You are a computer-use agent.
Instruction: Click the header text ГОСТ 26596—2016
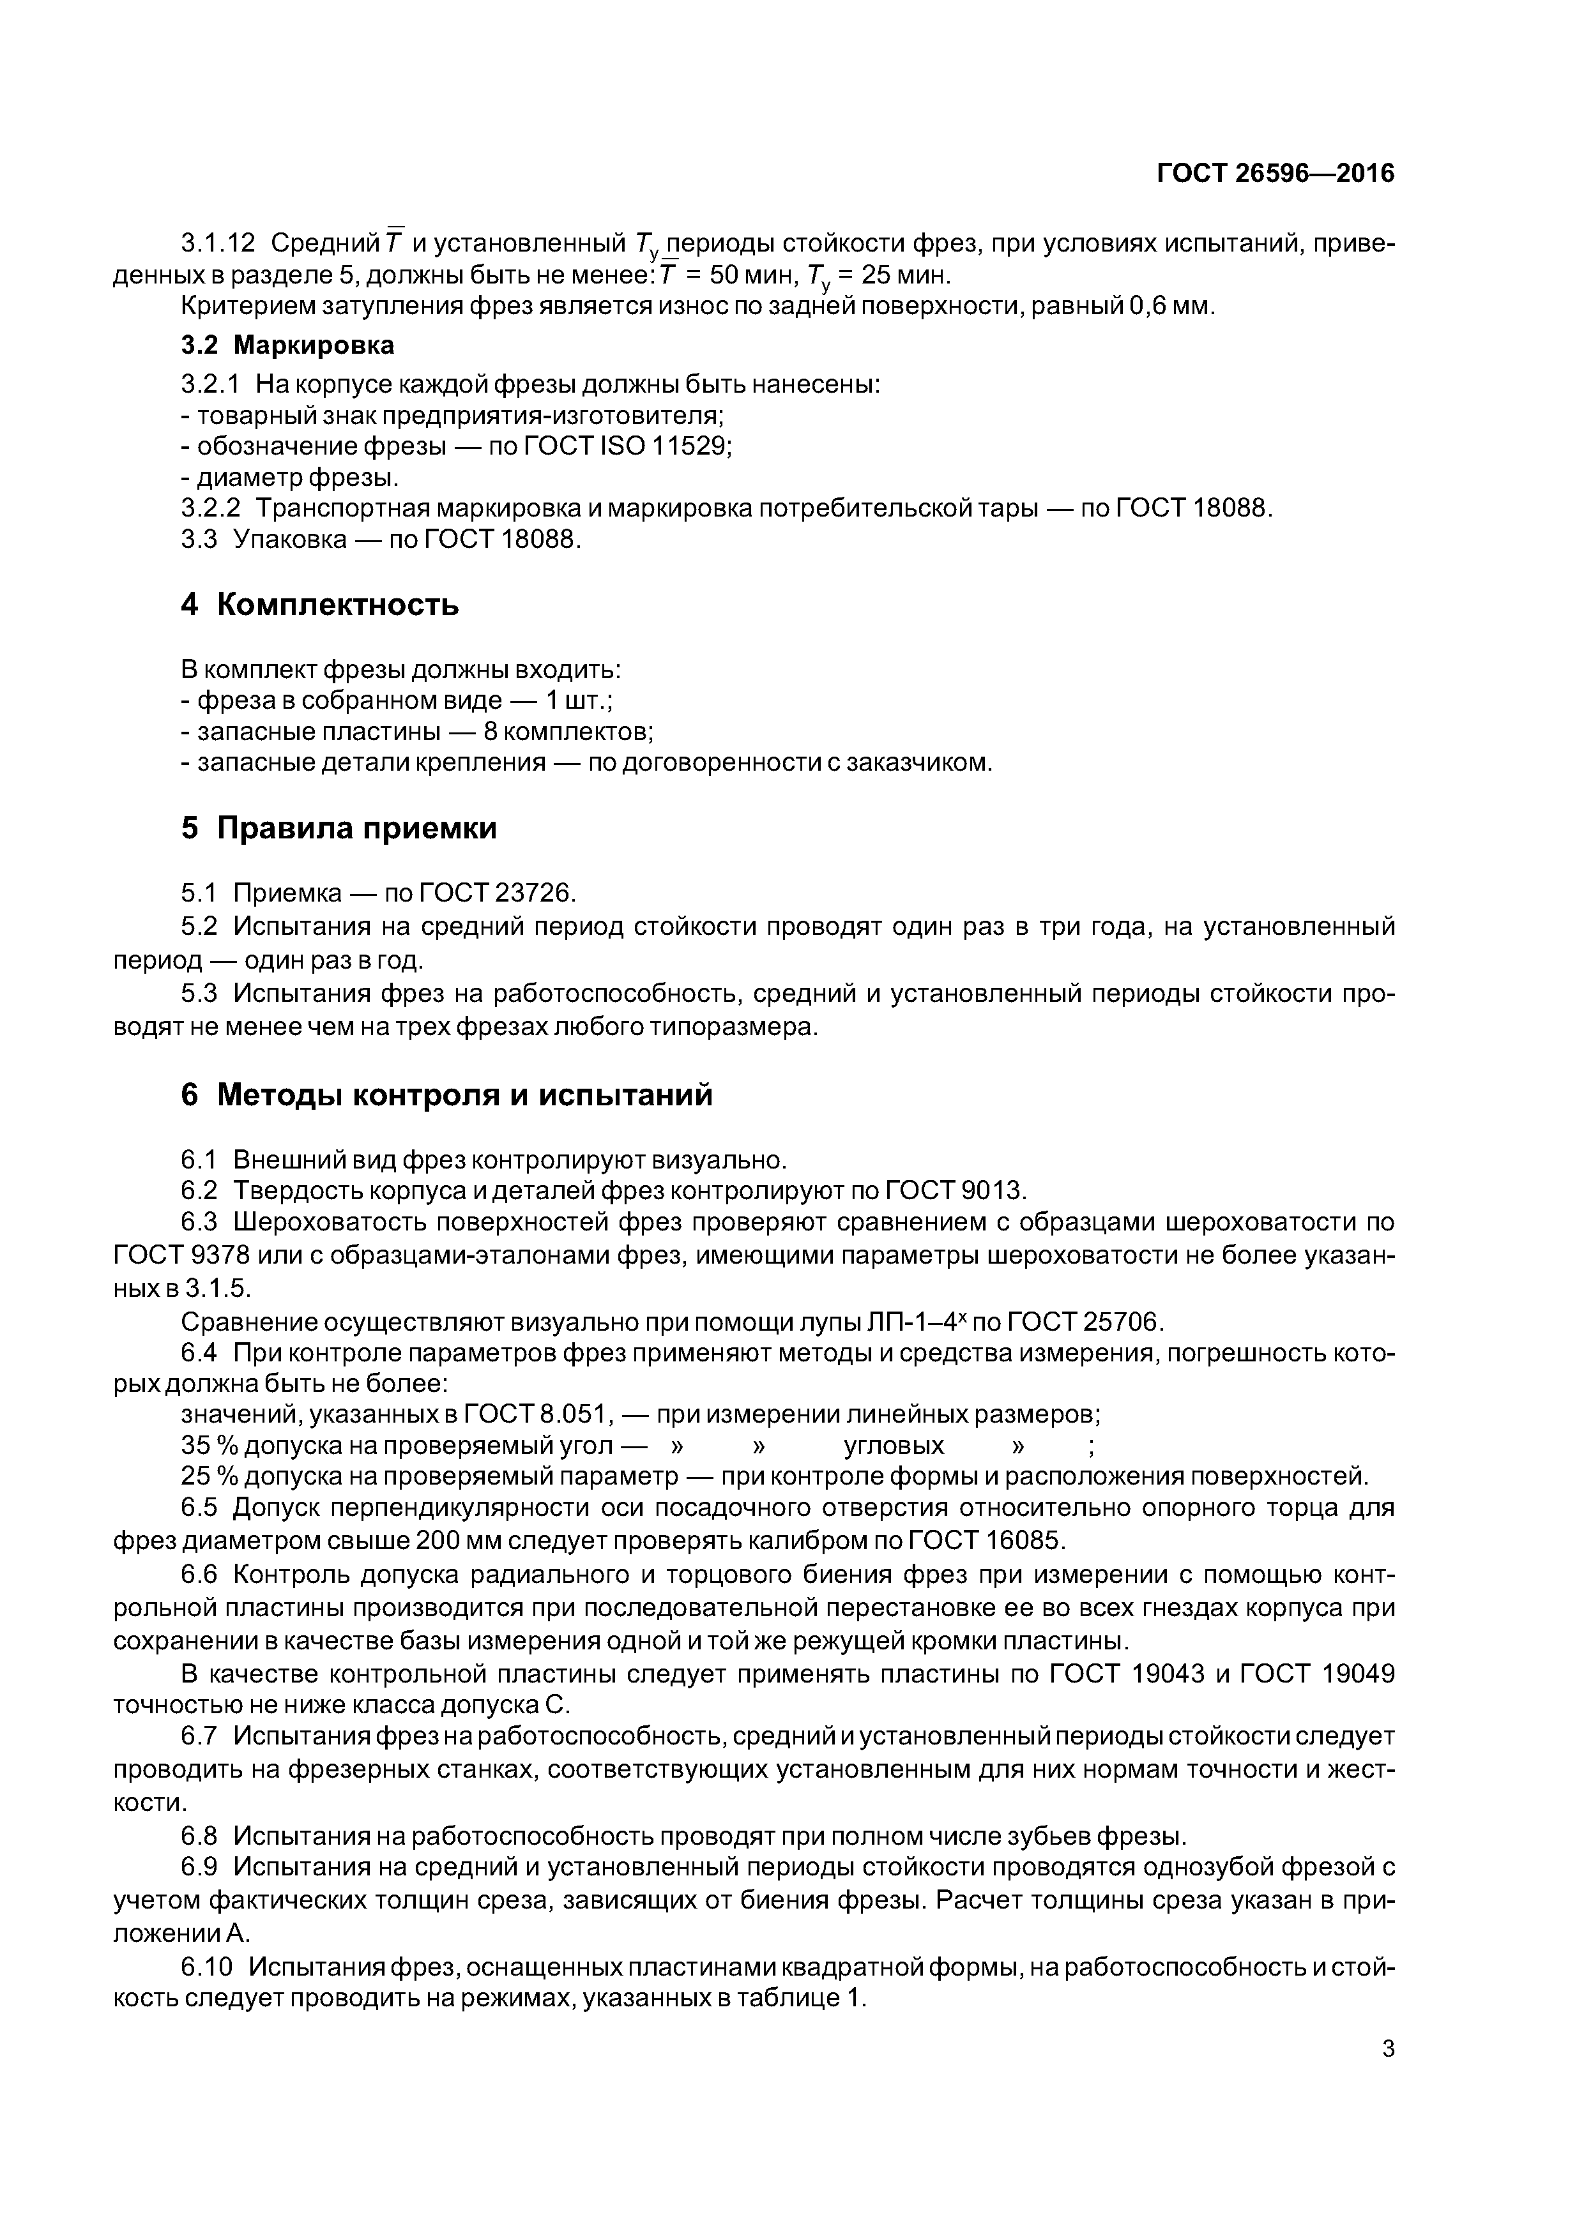(x=1276, y=174)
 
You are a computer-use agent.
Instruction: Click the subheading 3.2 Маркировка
(x=288, y=345)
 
